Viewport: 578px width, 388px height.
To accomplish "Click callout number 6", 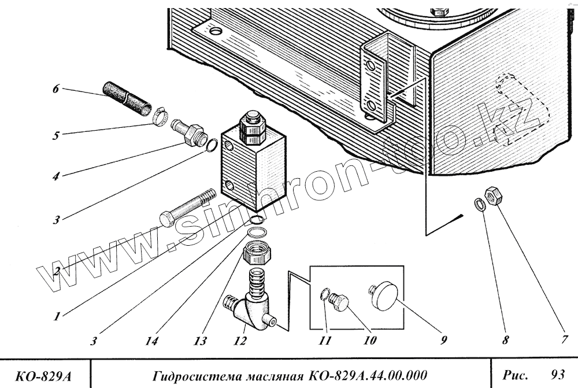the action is pyautogui.click(x=56, y=90).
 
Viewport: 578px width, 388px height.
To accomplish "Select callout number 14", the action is pyautogui.click(x=151, y=341).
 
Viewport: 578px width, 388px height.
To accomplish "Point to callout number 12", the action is pyautogui.click(x=239, y=341).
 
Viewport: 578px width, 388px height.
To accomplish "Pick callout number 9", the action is pyautogui.click(x=443, y=341).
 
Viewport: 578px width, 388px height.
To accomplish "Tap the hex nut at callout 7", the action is pyautogui.click(x=492, y=195).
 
